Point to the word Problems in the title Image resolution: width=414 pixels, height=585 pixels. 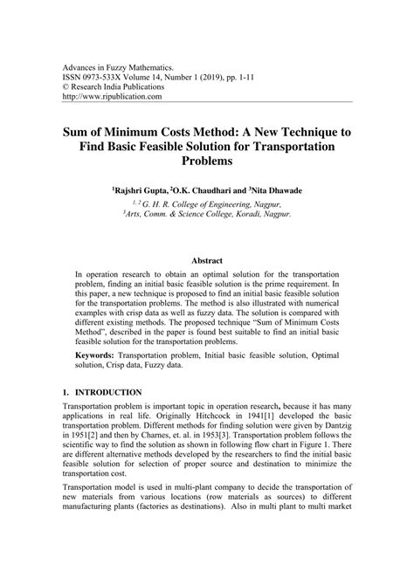click(207, 162)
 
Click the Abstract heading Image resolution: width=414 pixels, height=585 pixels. click(207, 260)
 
